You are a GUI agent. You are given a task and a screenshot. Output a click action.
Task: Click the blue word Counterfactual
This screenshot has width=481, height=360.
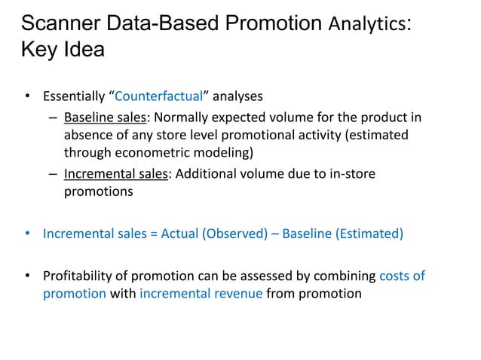[x=161, y=96]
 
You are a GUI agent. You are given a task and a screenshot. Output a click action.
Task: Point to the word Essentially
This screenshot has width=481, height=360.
[x=75, y=96]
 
